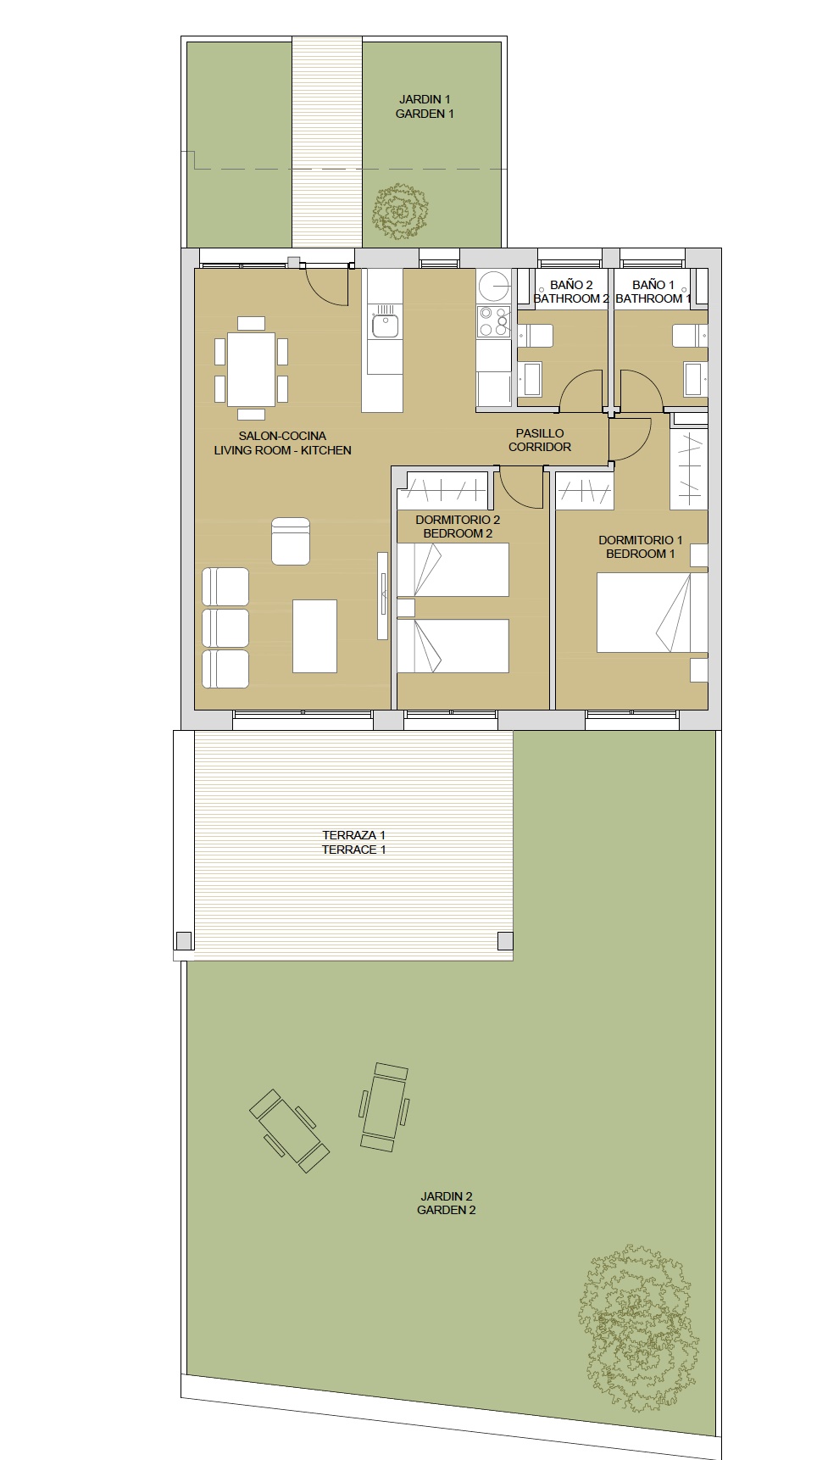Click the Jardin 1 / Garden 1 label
425,106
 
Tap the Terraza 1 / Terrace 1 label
353,842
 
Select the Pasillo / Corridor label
540,440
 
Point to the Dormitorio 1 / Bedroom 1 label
640,547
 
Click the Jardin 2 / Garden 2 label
447,1203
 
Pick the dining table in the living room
251,370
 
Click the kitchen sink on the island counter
385,325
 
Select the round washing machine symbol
493,286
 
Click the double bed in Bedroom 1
652,613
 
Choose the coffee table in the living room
314,636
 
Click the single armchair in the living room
291,541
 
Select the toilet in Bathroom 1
690,337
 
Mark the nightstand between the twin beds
406,607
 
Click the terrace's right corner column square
505,940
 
